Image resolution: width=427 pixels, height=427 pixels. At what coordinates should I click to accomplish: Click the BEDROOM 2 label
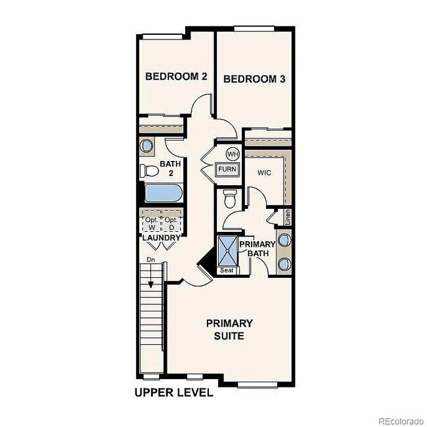pos(176,77)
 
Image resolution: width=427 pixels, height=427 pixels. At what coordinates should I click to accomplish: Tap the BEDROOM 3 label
pos(254,79)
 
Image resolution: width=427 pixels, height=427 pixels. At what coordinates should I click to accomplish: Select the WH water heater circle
pos(232,154)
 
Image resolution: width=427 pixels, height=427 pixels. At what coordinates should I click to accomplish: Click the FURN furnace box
pos(227,169)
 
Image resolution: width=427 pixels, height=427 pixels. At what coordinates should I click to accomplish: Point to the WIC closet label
pos(264,173)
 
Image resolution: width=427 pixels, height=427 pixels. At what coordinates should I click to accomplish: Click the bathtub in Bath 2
pos(162,194)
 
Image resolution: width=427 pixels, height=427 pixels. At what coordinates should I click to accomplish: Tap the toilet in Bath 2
pos(150,171)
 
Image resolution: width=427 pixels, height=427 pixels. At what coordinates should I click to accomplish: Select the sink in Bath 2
pos(147,145)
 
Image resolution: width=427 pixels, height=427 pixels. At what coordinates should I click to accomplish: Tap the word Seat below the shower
pos(227,270)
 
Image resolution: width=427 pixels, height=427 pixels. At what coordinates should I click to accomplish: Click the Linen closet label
pos(287,216)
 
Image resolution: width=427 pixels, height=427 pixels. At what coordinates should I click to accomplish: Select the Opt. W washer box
pos(152,222)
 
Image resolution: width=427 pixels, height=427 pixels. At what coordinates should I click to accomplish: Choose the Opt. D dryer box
pos(171,222)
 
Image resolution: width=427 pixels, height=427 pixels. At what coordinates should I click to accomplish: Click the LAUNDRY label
pos(162,237)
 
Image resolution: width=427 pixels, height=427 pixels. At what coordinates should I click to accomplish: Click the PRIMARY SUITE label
pos(229,329)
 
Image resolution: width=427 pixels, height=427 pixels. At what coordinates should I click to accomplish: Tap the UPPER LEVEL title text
pos(173,393)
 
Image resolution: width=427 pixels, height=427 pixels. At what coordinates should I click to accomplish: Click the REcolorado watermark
pos(401,420)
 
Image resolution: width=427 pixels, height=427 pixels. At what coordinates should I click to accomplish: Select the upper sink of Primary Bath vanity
pos(284,239)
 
